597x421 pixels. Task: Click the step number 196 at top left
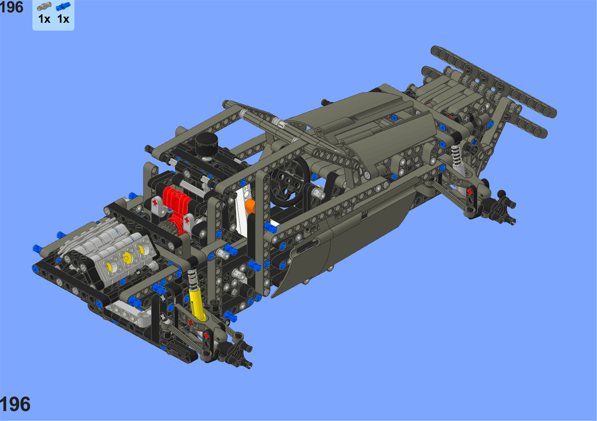[x=11, y=7]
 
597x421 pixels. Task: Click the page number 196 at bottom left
[x=15, y=405]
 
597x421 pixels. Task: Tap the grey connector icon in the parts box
[x=44, y=6]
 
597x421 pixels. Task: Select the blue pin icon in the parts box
[x=63, y=6]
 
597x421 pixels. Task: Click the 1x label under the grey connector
[x=44, y=19]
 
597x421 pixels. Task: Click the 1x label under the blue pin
[x=64, y=19]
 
